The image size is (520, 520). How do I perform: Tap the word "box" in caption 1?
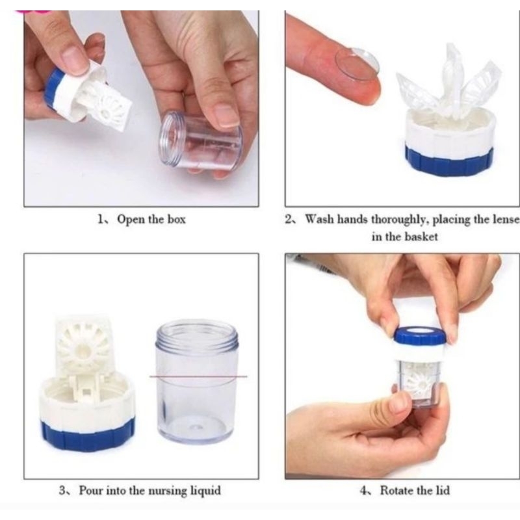176,219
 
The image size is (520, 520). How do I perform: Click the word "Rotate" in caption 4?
399,491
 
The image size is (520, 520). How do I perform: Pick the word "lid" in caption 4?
443,491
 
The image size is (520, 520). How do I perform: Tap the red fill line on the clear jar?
198,377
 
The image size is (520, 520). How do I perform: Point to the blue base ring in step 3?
88,435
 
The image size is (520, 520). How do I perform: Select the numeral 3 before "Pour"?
62,491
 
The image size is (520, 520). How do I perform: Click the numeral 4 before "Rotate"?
364,491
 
